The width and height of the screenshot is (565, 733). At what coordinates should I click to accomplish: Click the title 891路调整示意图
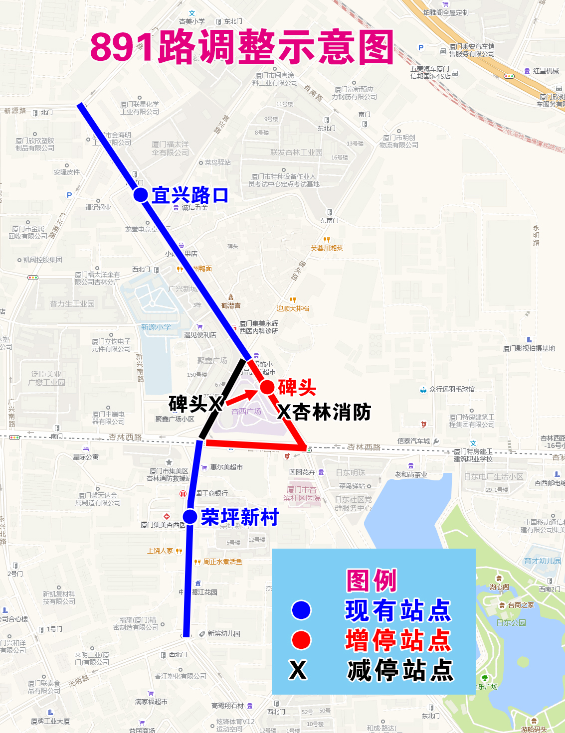click(242, 47)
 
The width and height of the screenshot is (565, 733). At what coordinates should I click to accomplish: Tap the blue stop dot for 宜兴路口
click(141, 195)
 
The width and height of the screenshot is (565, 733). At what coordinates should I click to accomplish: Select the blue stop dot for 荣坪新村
click(189, 517)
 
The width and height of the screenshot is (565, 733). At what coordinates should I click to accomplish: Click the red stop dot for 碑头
click(267, 387)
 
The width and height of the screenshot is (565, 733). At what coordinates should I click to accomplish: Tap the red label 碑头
click(297, 387)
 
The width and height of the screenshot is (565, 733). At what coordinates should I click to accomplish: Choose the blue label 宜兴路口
click(190, 195)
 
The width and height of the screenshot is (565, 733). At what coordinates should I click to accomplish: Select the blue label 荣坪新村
click(240, 517)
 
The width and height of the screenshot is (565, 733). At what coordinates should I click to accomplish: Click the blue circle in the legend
click(301, 610)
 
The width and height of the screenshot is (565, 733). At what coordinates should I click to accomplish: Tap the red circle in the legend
click(301, 640)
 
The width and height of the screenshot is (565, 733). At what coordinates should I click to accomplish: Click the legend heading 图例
click(372, 581)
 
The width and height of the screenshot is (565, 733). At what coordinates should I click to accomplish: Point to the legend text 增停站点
click(398, 640)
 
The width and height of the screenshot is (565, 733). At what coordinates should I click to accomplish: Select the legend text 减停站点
click(400, 670)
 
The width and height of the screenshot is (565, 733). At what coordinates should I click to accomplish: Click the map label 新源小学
click(156, 327)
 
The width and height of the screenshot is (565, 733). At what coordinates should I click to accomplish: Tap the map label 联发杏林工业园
click(296, 152)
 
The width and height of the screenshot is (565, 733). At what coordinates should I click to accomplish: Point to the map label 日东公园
click(511, 622)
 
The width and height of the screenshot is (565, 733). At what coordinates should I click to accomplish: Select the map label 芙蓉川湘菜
click(327, 248)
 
